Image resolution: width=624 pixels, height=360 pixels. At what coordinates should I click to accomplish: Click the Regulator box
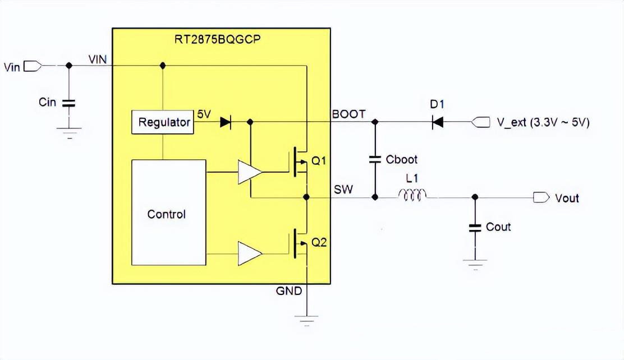tap(164, 122)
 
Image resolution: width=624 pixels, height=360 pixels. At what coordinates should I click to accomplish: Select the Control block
tap(168, 213)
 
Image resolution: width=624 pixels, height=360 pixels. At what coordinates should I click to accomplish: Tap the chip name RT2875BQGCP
tap(221, 39)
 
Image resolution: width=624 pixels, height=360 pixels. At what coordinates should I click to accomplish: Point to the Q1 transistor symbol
tap(299, 161)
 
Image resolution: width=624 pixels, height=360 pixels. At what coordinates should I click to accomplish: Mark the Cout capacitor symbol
tap(475, 227)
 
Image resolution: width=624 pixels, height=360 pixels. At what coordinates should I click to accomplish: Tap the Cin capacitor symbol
tap(69, 103)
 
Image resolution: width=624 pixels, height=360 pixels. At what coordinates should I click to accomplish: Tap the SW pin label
tap(344, 190)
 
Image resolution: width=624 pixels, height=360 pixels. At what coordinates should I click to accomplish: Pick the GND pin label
tap(289, 291)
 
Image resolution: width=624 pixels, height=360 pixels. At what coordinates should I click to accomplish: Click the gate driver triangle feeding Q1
tap(249, 172)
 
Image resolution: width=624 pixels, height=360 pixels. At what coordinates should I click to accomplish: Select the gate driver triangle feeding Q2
tap(249, 253)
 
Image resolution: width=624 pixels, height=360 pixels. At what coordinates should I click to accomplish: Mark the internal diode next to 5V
tap(226, 122)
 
